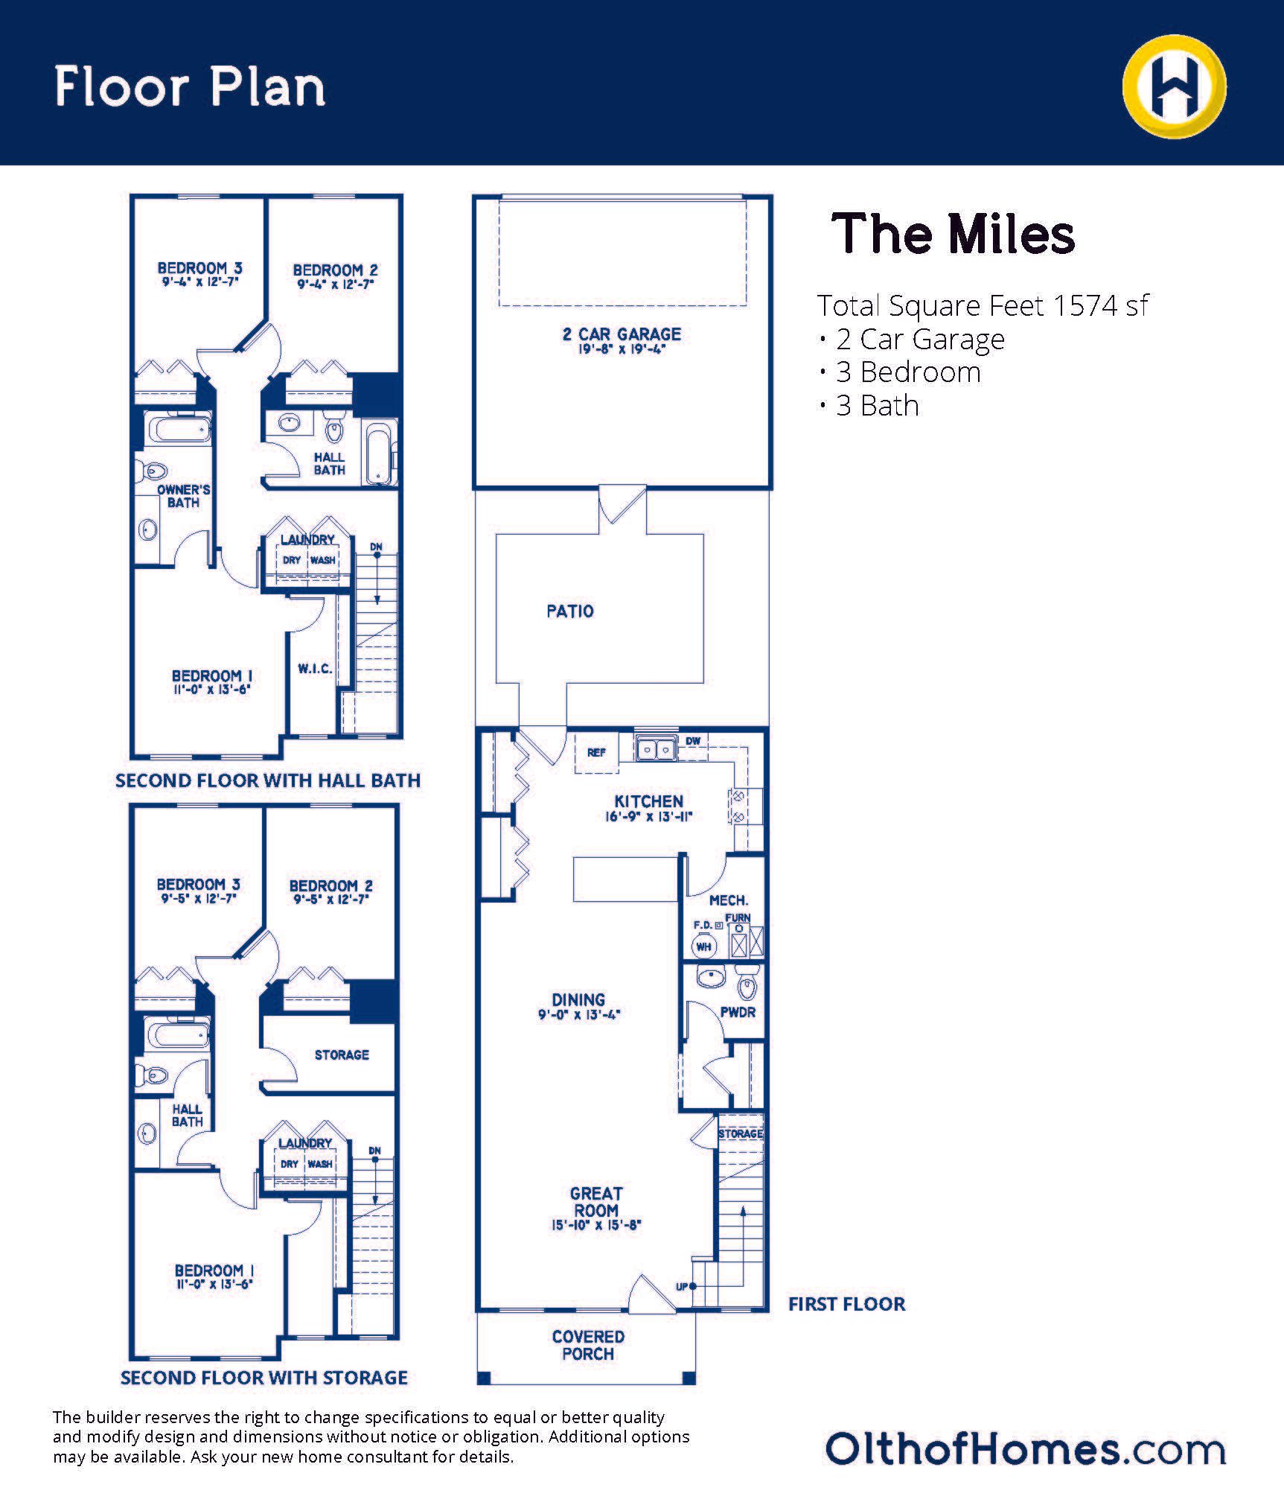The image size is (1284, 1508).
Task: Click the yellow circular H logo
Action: (x=1174, y=86)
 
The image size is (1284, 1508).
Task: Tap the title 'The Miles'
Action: (x=953, y=234)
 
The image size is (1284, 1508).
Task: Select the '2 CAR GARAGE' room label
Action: (x=622, y=334)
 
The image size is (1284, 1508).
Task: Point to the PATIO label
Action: (x=570, y=611)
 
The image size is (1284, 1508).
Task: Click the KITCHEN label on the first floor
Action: (x=648, y=801)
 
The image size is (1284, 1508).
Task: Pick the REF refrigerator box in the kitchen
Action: (x=596, y=753)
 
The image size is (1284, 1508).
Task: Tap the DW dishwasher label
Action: (x=693, y=741)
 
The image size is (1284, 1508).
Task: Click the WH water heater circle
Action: (x=704, y=947)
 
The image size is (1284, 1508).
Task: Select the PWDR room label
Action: (x=738, y=1013)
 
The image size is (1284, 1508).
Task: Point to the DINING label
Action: (x=578, y=1000)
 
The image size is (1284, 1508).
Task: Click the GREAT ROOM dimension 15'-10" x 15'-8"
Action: (x=596, y=1224)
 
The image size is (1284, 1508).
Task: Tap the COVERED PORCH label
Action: (x=588, y=1345)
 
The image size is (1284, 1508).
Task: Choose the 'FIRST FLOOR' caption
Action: (x=847, y=1304)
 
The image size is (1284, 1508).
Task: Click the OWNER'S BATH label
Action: (x=184, y=496)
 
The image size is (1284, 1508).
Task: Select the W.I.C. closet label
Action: (x=316, y=669)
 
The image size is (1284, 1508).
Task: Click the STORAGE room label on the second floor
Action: (x=342, y=1054)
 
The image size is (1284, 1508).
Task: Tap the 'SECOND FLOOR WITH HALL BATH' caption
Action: (x=268, y=780)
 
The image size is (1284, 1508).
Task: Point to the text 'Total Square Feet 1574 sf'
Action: (x=983, y=305)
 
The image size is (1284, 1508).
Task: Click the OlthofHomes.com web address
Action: (x=1026, y=1449)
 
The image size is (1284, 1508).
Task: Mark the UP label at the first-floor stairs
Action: (x=681, y=1287)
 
